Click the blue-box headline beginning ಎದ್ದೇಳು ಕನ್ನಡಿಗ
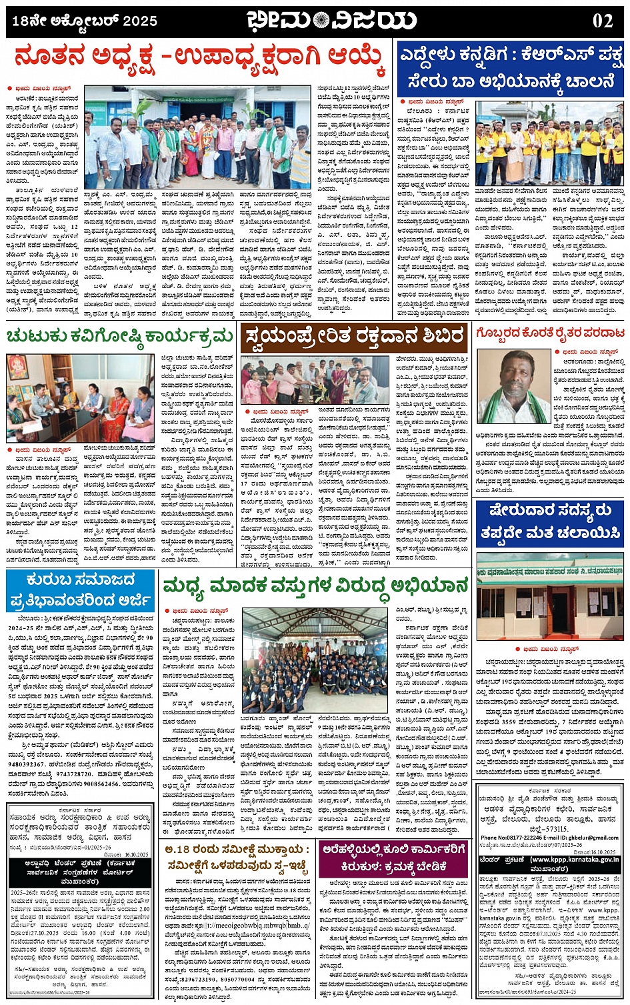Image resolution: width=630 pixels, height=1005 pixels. pyautogui.click(x=510, y=69)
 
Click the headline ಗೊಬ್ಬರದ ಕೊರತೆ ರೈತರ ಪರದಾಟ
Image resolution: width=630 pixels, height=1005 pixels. pyautogui.click(x=551, y=332)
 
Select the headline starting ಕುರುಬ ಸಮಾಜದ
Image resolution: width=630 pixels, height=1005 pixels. pyautogui.click(x=80, y=590)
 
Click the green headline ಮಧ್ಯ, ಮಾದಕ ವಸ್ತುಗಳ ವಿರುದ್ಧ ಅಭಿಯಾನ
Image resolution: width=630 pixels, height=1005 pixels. pyautogui.click(x=315, y=586)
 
